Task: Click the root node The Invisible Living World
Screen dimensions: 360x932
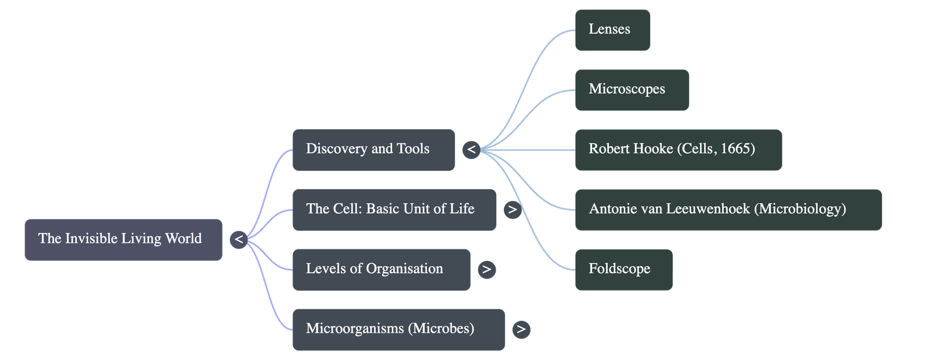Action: [x=123, y=239]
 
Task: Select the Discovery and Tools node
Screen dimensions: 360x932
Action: [x=373, y=150]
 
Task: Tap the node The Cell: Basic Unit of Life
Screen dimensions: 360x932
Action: [x=394, y=210]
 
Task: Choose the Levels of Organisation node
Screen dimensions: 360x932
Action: [x=381, y=270]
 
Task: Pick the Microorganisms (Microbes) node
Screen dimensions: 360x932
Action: [x=398, y=329]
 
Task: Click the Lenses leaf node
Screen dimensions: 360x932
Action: [x=612, y=30]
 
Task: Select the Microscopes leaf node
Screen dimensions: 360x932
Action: [x=631, y=90]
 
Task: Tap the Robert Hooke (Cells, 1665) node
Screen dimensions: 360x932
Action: [x=678, y=150]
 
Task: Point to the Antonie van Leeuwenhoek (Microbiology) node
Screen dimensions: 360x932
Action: [x=728, y=210]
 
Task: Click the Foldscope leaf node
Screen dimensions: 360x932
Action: [x=623, y=270]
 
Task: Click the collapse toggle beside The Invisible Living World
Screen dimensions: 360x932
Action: [x=239, y=239]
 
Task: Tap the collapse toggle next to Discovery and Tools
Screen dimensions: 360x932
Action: [x=471, y=150]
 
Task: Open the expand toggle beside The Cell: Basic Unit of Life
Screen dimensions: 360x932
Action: [x=512, y=210]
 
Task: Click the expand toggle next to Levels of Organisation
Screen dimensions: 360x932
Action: [x=486, y=270]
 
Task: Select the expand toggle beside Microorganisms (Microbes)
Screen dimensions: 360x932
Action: [x=521, y=329]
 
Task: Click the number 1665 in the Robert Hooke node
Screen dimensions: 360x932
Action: [x=736, y=149]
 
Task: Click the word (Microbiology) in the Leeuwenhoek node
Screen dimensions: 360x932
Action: [x=800, y=209]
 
